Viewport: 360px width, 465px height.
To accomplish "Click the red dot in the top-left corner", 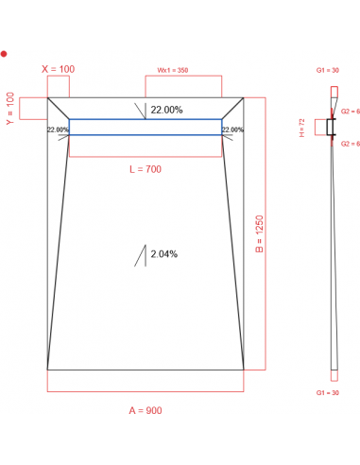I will coord(4,54).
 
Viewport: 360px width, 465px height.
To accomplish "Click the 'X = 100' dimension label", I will coord(59,69).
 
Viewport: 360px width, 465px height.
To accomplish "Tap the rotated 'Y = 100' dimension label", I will coord(11,108).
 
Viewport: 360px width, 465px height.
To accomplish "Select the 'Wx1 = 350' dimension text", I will coord(173,70).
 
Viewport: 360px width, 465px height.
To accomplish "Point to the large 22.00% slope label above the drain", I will coord(166,110).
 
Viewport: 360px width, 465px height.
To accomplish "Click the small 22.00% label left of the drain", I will coord(57,129).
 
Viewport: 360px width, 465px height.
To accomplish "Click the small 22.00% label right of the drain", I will coord(232,129).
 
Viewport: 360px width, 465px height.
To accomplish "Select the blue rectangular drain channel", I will coord(145,127).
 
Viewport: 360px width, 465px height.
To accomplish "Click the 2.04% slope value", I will coord(164,253).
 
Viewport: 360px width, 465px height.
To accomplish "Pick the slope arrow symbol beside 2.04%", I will coord(142,255).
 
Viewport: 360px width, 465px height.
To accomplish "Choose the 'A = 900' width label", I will coord(146,410).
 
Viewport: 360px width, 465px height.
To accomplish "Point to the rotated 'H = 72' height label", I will coord(318,127).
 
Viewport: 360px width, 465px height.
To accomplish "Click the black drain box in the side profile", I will coord(332,127).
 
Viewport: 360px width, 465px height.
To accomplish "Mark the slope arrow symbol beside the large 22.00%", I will coord(142,112).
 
